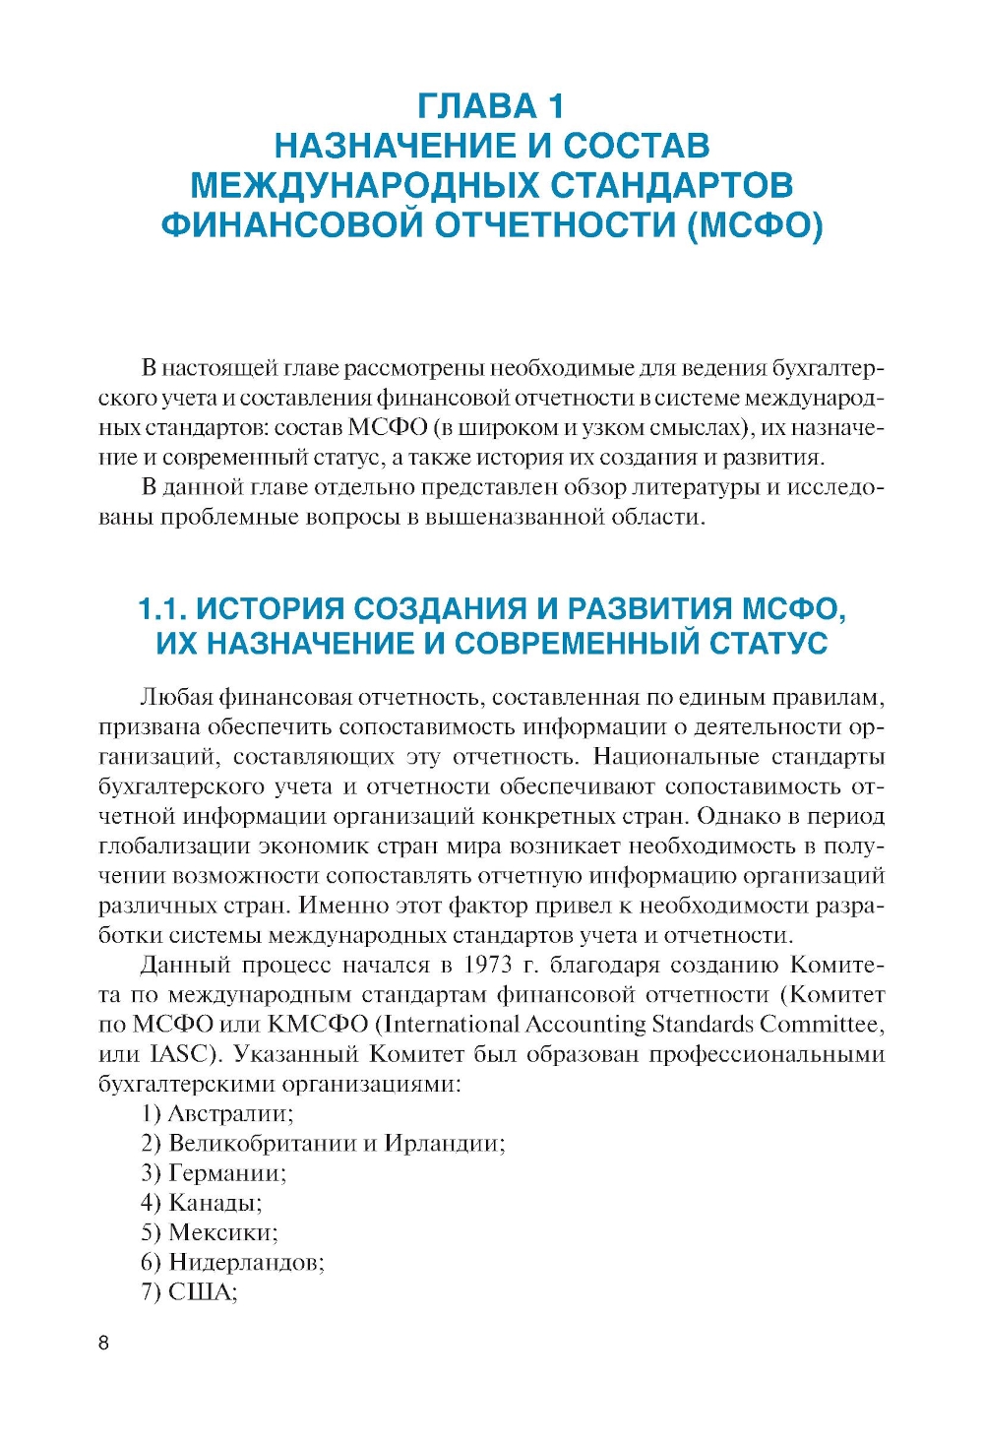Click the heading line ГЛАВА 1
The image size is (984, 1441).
[491, 106]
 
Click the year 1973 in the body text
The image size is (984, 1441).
[488, 965]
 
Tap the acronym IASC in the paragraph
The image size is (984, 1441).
[180, 1054]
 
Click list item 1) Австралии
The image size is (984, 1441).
[217, 1113]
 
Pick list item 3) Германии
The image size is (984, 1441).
[214, 1173]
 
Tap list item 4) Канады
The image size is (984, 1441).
[202, 1203]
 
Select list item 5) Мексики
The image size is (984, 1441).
[210, 1232]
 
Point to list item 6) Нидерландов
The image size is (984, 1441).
[232, 1262]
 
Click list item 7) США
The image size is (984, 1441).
[190, 1292]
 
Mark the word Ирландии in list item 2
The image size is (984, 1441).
[444, 1144]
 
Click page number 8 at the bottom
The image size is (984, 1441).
[104, 1344]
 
